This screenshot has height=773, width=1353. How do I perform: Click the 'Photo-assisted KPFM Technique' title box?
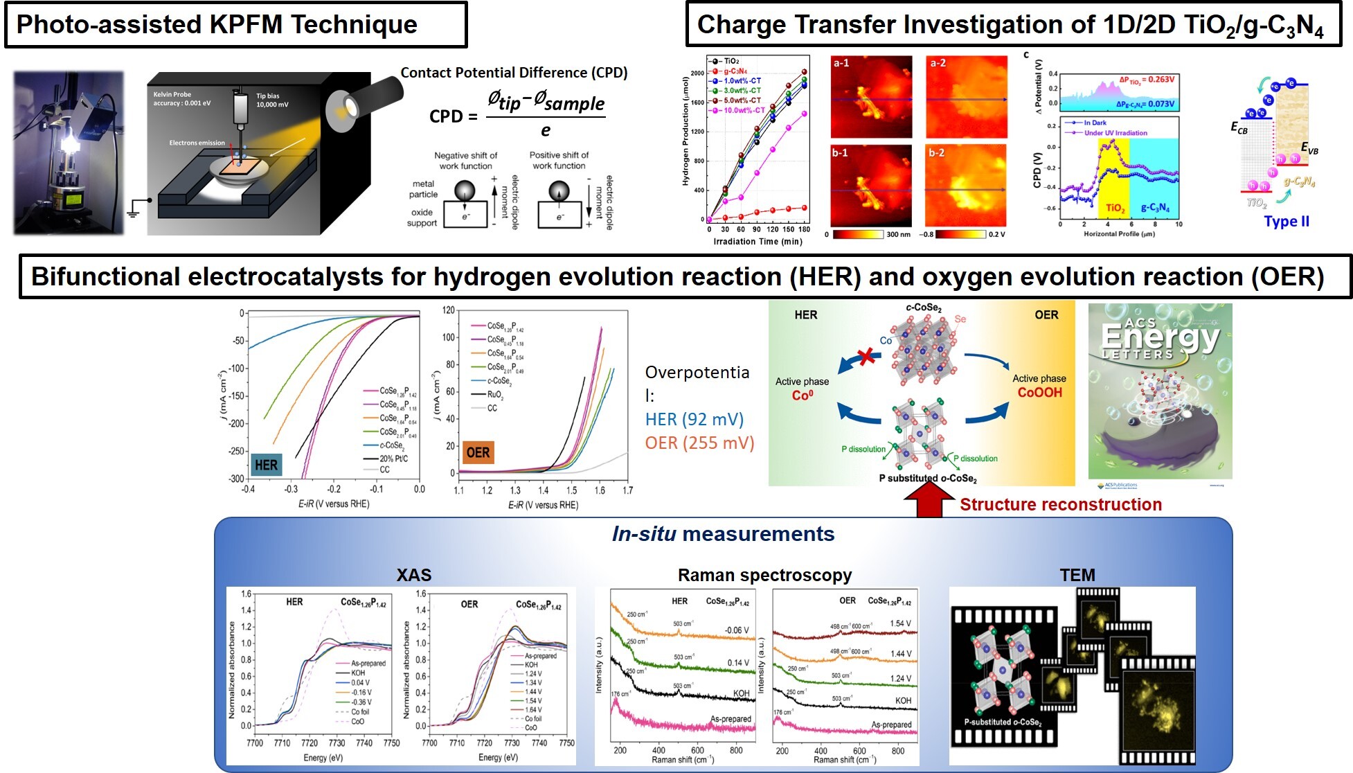(235, 25)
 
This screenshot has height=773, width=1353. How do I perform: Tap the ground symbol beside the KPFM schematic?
(136, 206)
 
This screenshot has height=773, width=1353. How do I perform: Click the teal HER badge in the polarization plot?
(266, 465)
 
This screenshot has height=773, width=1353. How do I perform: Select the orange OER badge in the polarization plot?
(478, 453)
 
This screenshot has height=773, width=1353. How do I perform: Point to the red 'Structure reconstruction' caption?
(1060, 505)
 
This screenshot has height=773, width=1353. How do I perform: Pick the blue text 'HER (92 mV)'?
(694, 419)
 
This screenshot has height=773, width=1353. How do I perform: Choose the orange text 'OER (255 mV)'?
(699, 443)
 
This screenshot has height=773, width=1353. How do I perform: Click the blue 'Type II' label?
(1287, 222)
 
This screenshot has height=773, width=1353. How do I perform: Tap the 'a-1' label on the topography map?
(841, 63)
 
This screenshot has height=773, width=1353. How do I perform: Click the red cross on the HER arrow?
(866, 357)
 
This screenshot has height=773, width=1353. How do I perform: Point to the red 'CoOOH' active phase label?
(1039, 393)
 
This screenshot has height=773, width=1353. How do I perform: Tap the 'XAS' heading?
(414, 575)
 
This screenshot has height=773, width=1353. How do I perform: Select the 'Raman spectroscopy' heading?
(764, 575)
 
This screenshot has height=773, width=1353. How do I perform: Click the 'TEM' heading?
(1077, 575)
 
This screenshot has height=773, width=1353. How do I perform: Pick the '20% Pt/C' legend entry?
(393, 459)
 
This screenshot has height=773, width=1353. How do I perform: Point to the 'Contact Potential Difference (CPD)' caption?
(514, 73)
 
